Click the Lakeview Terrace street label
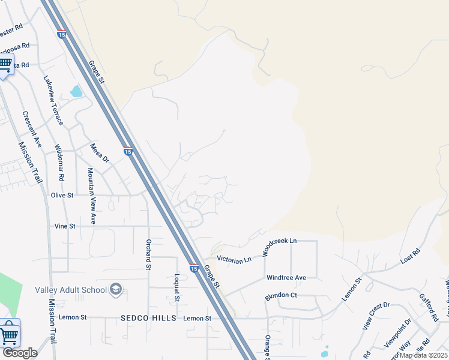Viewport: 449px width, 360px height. (x=53, y=100)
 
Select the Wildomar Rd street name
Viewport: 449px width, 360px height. (x=60, y=163)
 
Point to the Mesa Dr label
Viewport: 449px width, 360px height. (x=100, y=153)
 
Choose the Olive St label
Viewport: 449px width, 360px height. (x=62, y=195)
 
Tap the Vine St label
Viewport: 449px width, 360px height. (x=65, y=226)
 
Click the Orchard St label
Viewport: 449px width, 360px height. (x=148, y=255)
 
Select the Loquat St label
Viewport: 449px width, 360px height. (x=177, y=287)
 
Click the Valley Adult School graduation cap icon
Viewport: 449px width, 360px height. (x=116, y=290)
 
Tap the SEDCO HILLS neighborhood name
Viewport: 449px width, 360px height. (x=148, y=318)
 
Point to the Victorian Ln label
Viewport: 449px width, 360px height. (x=234, y=260)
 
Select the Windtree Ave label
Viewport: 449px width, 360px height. (x=286, y=278)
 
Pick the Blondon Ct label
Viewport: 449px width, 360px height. (x=281, y=296)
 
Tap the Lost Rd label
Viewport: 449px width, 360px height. (x=409, y=259)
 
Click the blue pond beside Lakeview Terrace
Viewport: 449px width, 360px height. (x=76, y=92)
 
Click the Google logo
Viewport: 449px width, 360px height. (x=20, y=353)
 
